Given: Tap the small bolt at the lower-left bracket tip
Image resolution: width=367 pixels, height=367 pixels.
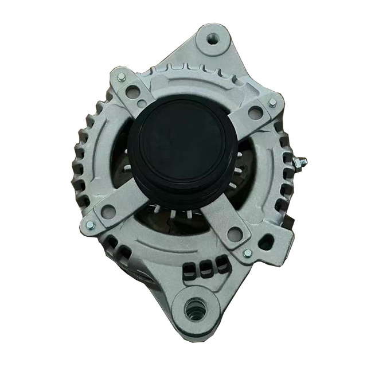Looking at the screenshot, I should click(x=90, y=225).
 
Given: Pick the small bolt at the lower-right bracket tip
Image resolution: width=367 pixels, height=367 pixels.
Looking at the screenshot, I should click(x=247, y=253).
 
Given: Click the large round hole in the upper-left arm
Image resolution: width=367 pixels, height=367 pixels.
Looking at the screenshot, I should click(x=133, y=91).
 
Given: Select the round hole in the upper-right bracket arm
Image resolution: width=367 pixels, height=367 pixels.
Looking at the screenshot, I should click(x=255, y=112).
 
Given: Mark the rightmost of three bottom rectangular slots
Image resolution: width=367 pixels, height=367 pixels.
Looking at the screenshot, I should click(x=217, y=270).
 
